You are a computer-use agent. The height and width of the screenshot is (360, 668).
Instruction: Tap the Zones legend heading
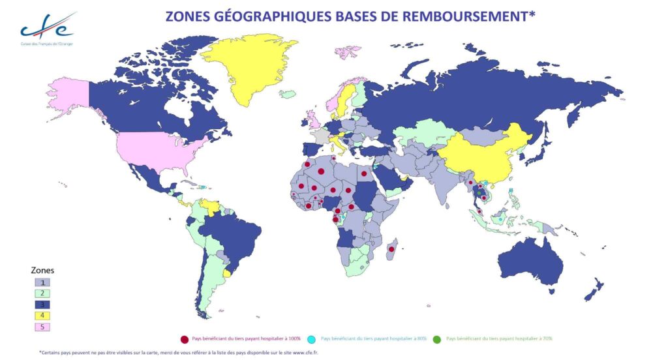[x=42, y=269]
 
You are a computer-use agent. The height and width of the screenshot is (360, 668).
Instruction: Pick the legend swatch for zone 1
[x=42, y=282]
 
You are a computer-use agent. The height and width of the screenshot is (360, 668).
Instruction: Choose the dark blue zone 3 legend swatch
[x=42, y=305]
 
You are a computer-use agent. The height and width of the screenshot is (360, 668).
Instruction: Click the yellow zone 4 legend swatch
[x=42, y=316]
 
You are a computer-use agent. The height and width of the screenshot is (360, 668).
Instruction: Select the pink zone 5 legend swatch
[x=42, y=327]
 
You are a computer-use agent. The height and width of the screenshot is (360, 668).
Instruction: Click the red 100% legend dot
[x=185, y=338]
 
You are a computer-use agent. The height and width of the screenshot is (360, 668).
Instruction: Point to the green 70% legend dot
[x=436, y=338]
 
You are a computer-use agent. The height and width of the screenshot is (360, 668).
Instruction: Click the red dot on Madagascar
[x=391, y=249]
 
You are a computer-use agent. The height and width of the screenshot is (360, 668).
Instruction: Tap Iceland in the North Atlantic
[x=288, y=94]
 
